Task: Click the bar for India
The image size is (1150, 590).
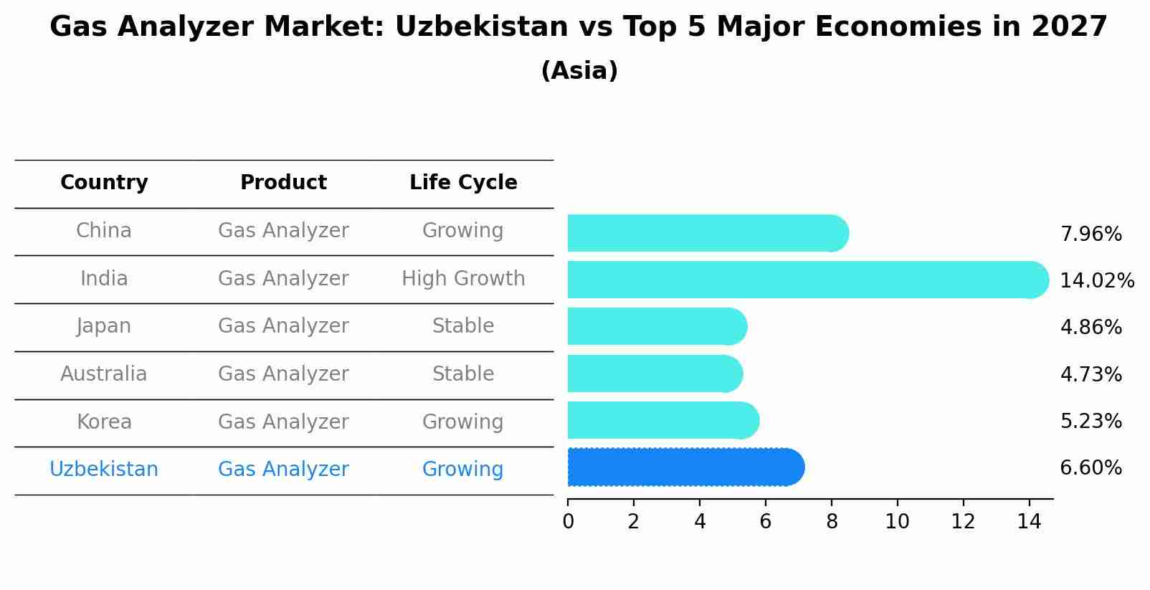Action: pos(803,280)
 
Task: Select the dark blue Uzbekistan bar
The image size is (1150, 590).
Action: pos(681,467)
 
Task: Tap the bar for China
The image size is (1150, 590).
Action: pos(703,233)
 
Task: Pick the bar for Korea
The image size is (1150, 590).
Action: pos(660,420)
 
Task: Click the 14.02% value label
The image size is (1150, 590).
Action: pos(1097,280)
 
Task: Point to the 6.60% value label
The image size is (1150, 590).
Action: pos(1090,468)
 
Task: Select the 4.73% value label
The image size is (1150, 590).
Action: pos(1090,374)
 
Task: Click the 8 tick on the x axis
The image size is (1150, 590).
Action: pos(832,521)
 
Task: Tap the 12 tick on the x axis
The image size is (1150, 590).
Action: pos(963,521)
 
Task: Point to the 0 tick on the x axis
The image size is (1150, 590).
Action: pos(568,521)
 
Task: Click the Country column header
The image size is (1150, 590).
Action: pos(104,183)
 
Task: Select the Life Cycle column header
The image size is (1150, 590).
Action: pos(463,183)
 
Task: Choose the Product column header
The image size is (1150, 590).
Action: pos(283,183)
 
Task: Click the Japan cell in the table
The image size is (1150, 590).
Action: pos(104,326)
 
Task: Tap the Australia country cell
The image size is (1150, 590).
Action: pos(104,374)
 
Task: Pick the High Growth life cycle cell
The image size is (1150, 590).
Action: pos(463,278)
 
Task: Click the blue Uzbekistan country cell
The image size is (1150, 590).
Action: pos(104,470)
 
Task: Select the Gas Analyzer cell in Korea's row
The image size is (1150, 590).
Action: pos(283,422)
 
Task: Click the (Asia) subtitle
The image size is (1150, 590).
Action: pos(579,71)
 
